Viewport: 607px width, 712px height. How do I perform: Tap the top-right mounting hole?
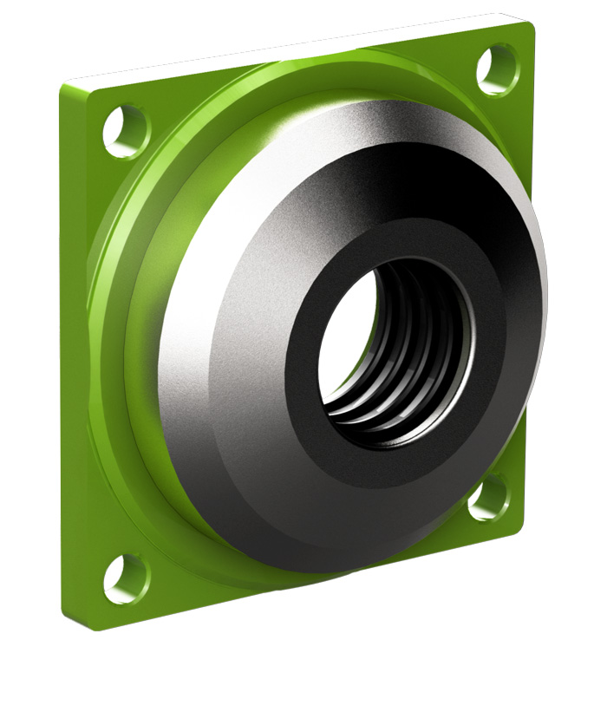[498, 67]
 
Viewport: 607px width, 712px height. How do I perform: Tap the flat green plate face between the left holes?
[82, 347]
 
